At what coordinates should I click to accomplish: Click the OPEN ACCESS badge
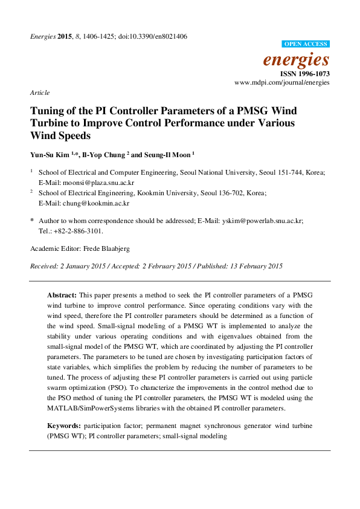pyautogui.click(x=306, y=44)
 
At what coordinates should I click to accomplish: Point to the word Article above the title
pyautogui.click(x=40, y=92)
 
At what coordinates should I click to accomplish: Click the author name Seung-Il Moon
pyautogui.click(x=172, y=154)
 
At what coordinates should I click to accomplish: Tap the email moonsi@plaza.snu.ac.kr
pyautogui.click(x=100, y=181)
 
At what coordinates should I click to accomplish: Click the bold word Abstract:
pyautogui.click(x=62, y=294)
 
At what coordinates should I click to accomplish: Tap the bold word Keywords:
pyautogui.click(x=64, y=426)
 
